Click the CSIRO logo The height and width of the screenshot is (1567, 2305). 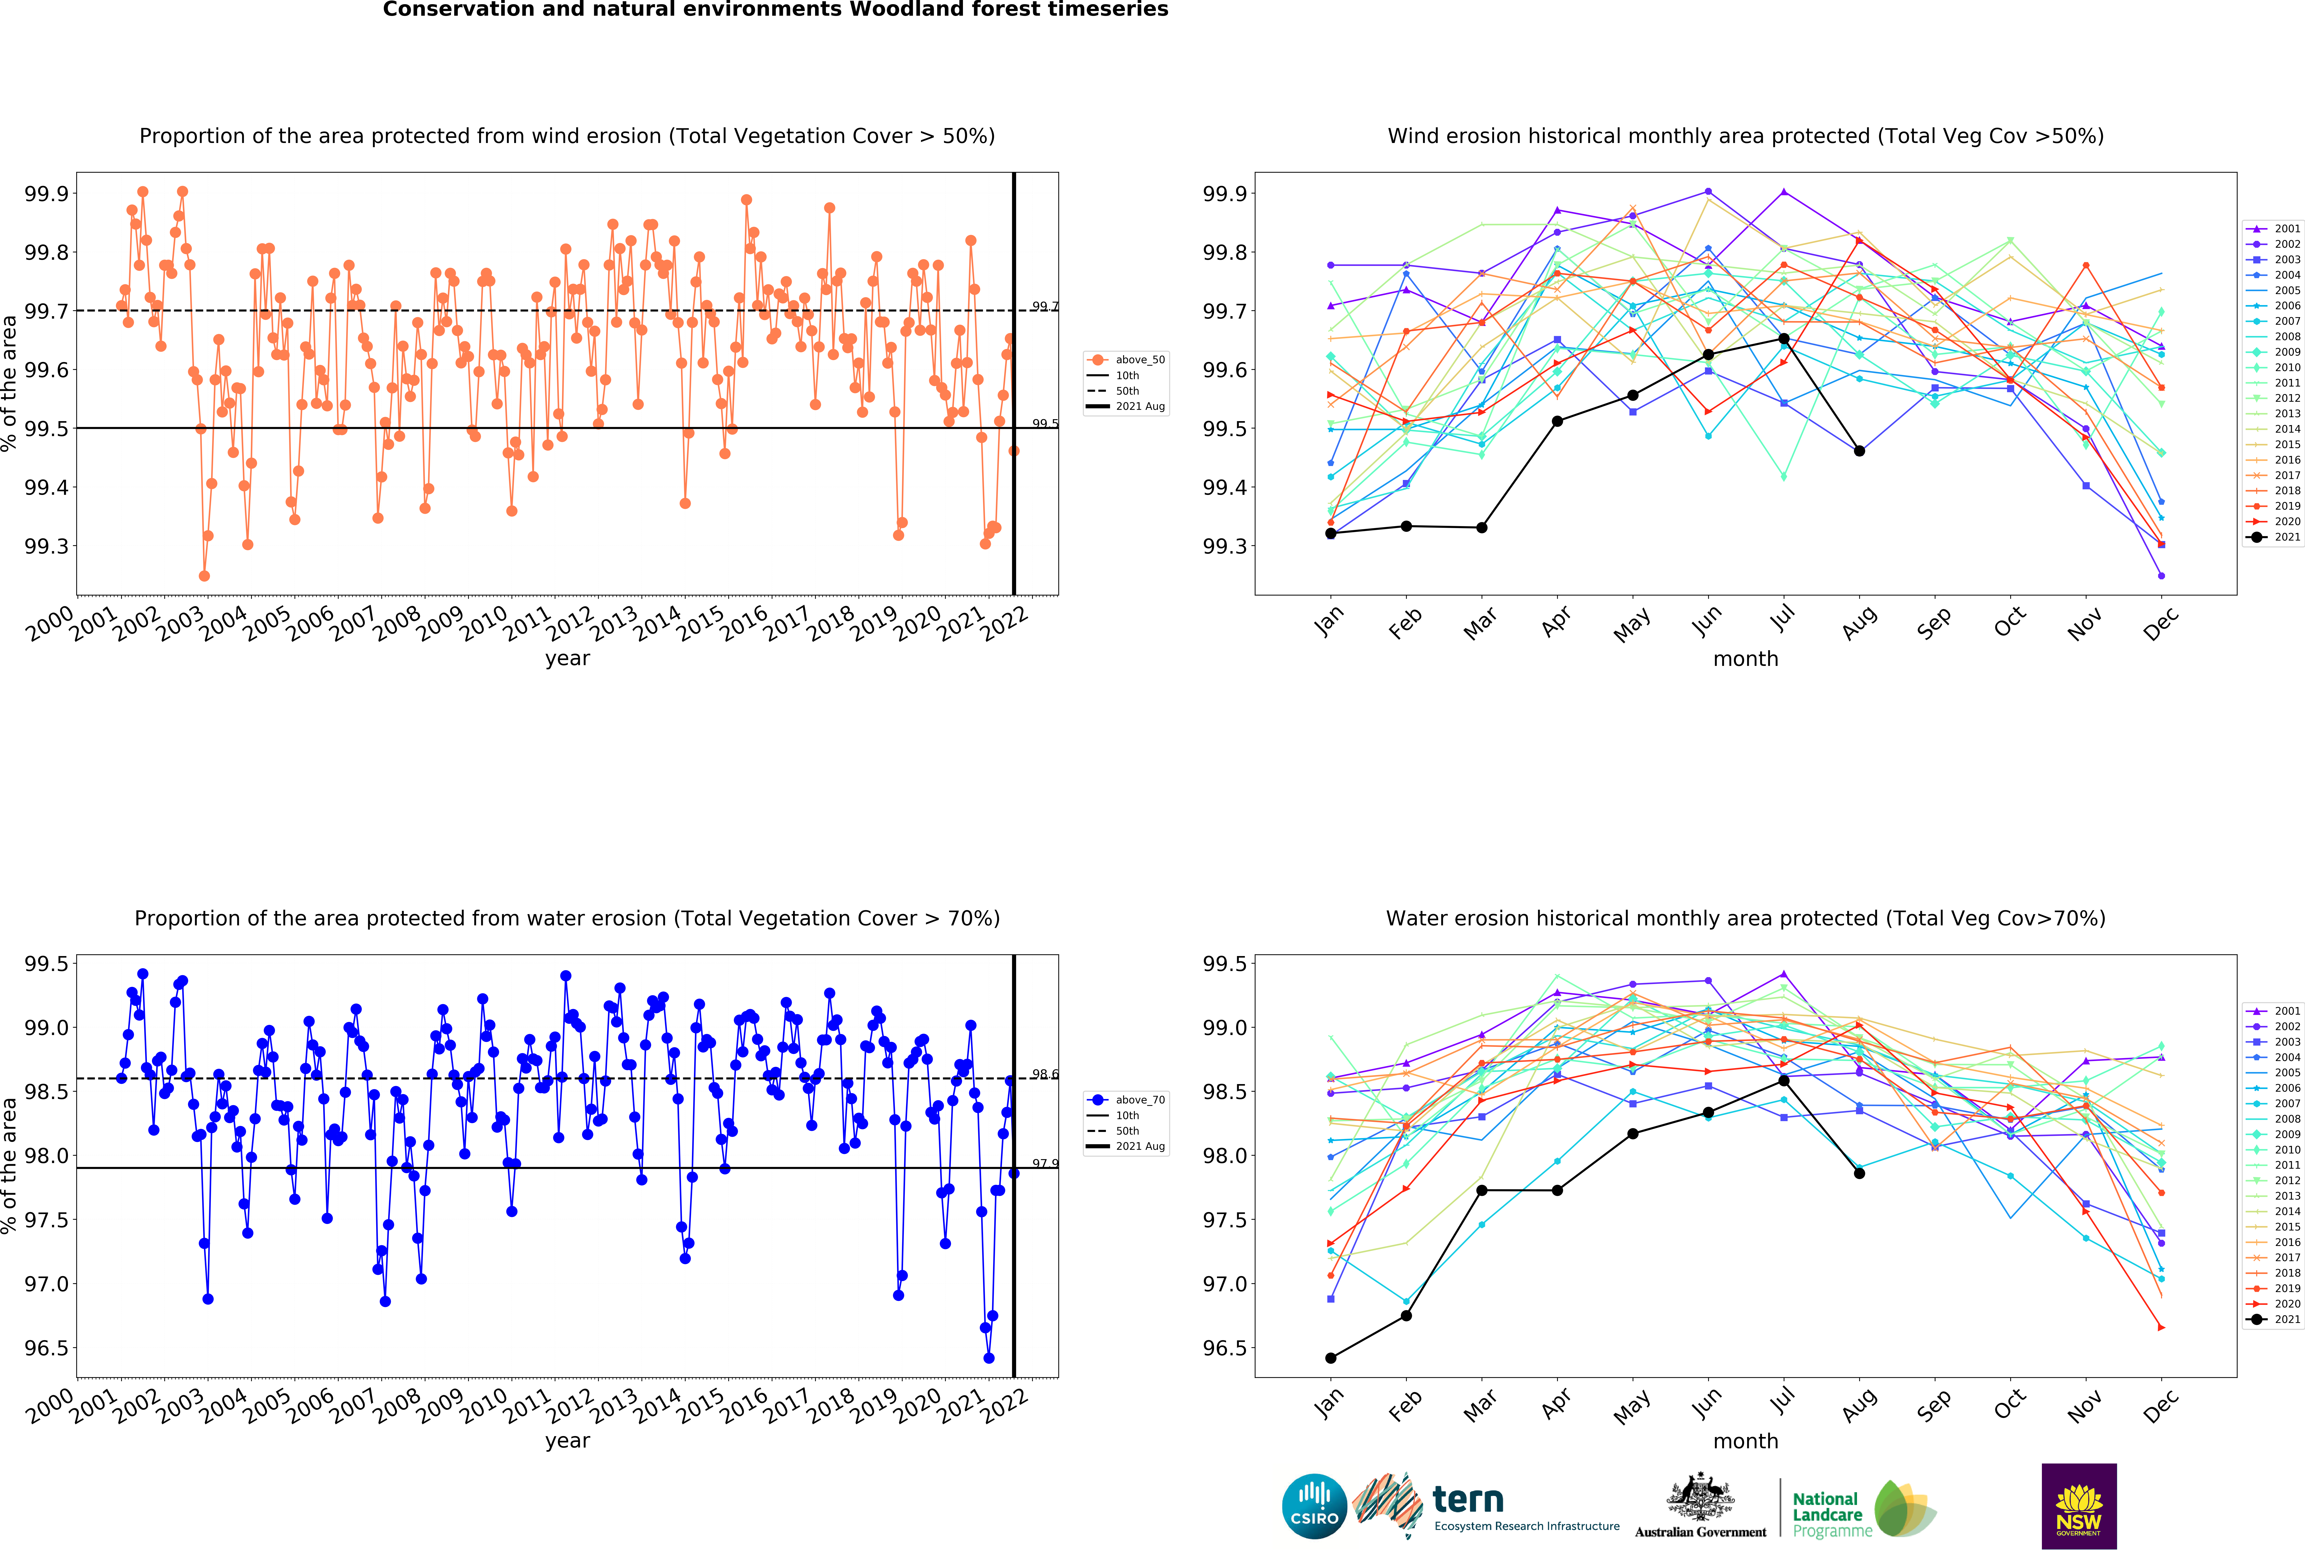tap(1314, 1505)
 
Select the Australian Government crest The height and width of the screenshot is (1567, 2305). tap(1700, 1498)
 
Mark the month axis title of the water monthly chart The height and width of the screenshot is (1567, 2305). tap(1746, 1441)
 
